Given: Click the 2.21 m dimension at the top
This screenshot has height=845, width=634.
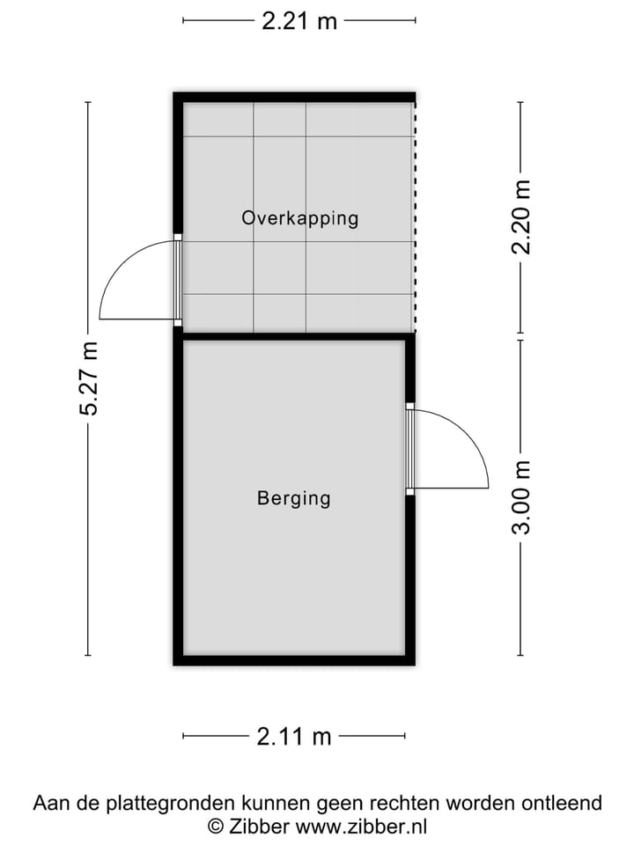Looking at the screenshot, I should coord(299,21).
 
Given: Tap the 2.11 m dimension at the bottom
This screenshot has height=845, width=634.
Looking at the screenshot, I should coord(294,736).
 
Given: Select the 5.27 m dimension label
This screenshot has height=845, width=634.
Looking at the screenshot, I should coord(89,378).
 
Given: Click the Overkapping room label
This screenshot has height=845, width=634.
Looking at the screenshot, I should coord(300,217).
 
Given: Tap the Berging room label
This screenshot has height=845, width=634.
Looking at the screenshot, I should coord(294,498).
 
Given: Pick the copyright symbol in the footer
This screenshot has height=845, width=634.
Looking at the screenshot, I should coord(216,826).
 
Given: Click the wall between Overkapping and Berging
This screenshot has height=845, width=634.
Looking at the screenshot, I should coord(294,336).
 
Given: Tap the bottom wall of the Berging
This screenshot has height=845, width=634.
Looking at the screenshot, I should coord(294,660).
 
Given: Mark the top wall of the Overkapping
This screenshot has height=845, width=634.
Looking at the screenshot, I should coord(294,98).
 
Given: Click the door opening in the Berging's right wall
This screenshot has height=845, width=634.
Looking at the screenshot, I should coord(409,449).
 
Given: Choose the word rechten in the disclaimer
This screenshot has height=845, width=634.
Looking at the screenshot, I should coord(426,803).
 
